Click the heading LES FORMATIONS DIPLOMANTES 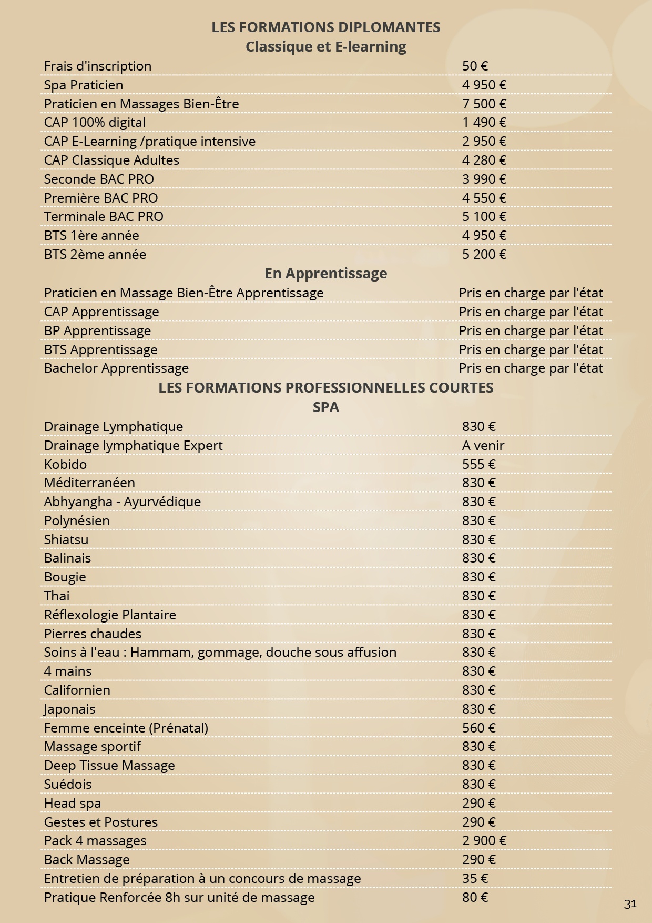click(326, 27)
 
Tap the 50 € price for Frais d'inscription click(475, 66)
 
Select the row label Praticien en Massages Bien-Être click(141, 104)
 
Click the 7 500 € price click(484, 104)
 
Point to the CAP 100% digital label click(95, 122)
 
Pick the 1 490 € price click(484, 122)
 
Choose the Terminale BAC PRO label click(104, 216)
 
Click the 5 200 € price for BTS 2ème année click(484, 254)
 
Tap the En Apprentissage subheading click(326, 273)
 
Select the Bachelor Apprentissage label click(116, 368)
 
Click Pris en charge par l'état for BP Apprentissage click(531, 330)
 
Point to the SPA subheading click(326, 407)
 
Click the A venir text click(483, 445)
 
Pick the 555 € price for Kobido click(478, 464)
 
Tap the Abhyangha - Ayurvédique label click(123, 501)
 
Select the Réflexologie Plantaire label click(110, 615)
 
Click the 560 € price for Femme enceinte click(478, 728)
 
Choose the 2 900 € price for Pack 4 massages click(484, 840)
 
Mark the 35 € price click(475, 878)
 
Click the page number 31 click(630, 904)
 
